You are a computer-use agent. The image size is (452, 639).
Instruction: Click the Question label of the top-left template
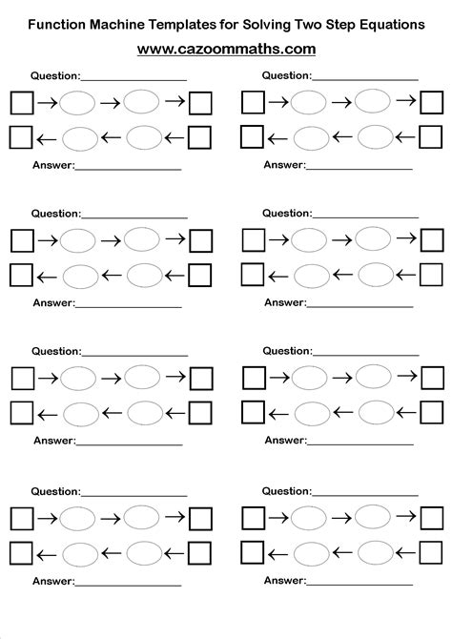tap(54, 74)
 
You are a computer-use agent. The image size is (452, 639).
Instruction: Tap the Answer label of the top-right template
tap(284, 165)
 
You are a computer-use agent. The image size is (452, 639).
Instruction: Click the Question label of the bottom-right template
tap(285, 491)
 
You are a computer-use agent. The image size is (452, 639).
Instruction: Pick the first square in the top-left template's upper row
tap(21, 101)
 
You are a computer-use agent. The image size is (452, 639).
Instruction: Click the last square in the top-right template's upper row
tap(432, 101)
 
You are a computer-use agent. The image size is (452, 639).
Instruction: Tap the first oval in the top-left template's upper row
tap(79, 102)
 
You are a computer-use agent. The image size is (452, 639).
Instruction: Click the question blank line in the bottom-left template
tap(134, 495)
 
